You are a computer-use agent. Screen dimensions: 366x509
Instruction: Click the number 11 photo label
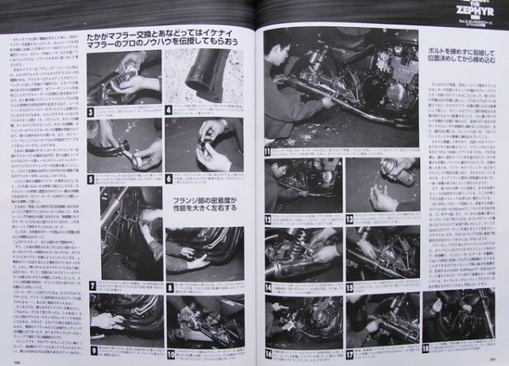267,152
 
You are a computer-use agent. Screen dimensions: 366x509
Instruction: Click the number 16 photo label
268,347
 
